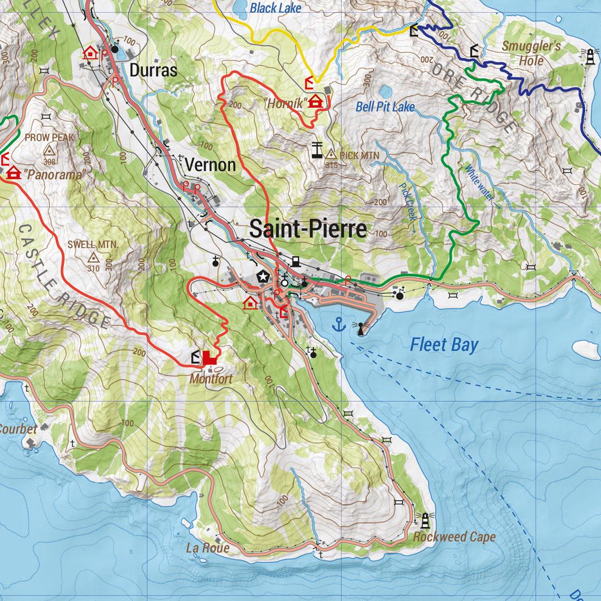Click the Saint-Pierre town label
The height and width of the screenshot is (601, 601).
pos(308,229)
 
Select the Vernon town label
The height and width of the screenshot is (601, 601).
pos(210,165)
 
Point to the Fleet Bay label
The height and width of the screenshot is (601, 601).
pos(444,345)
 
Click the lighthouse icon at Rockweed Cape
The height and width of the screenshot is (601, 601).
pos(426,520)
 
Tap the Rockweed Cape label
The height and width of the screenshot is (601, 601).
pos(454,537)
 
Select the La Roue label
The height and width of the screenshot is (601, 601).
pos(208,548)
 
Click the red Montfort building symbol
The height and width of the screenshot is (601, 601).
pos(210,358)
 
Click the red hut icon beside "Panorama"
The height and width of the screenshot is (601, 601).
pos(13,174)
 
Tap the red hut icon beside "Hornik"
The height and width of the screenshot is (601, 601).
pos(316,102)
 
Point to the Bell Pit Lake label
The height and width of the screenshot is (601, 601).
pos(385,106)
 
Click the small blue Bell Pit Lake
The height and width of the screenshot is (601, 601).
pos(385,91)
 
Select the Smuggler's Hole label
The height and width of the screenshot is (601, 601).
pos(531,52)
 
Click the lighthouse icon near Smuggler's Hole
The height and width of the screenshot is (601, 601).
pos(589,56)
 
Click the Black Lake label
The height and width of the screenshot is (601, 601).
pos(275,8)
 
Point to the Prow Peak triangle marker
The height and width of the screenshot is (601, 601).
pos(50,151)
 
